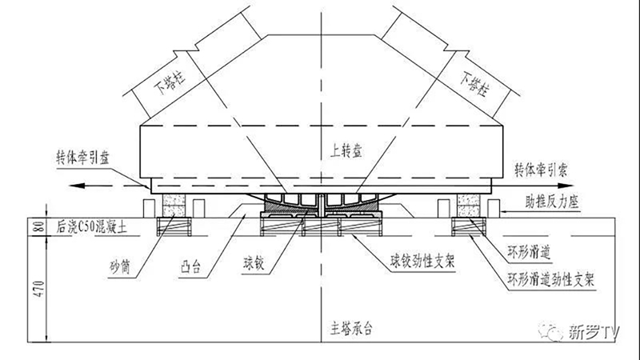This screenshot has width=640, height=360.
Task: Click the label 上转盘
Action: coord(346,152)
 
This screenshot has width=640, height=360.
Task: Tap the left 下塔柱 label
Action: coord(170,82)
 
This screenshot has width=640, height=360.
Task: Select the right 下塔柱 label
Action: coord(474,84)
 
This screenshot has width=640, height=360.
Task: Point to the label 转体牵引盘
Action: coord(83,158)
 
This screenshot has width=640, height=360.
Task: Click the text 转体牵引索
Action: coord(541,170)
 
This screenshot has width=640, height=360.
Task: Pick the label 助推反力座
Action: coord(552,202)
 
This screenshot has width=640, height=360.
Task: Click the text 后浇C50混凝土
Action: coord(92,227)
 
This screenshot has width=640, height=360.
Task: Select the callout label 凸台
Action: coord(190,267)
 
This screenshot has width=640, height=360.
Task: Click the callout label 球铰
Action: coord(254,264)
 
